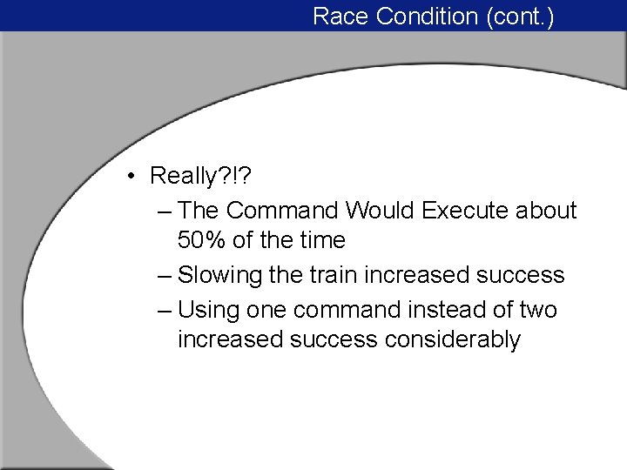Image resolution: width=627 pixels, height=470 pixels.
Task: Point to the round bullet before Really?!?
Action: coord(128,177)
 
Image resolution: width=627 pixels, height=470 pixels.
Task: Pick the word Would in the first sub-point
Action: coord(380,211)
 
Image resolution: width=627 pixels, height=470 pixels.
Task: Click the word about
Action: coord(546,211)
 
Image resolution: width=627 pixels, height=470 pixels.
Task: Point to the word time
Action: coord(321,240)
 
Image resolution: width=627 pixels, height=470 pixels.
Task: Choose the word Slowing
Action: coord(219,275)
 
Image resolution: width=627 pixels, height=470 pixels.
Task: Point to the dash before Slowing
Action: coord(165,276)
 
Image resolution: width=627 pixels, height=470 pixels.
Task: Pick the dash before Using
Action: coord(165,311)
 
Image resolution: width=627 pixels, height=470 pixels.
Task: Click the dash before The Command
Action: coord(165,211)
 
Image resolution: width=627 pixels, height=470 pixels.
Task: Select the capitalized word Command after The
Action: coord(284,211)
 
